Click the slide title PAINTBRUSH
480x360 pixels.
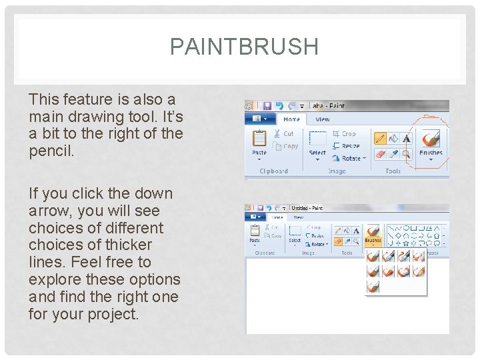coord(244,47)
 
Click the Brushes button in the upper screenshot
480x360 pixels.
coord(431,143)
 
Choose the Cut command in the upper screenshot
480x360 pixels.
coord(284,134)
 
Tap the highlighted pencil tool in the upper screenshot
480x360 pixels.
coord(380,138)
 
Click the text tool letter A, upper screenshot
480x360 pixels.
coord(407,138)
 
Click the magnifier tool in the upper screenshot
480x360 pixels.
coord(407,153)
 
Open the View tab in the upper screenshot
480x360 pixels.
coord(323,119)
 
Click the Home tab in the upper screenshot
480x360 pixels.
coord(292,119)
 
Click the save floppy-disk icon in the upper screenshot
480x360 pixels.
coord(267,106)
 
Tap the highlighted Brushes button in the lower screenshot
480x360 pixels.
coord(373,234)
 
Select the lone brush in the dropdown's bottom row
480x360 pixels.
coord(373,287)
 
